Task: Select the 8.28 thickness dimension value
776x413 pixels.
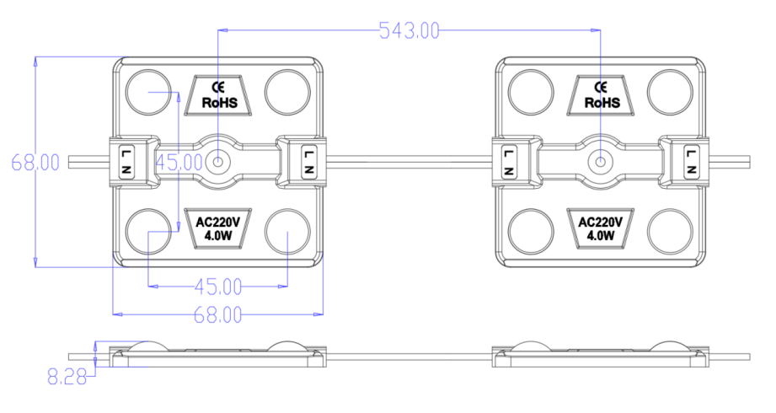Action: click(x=68, y=378)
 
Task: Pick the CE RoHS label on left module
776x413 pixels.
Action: click(x=218, y=95)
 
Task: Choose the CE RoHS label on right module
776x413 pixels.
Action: click(x=600, y=95)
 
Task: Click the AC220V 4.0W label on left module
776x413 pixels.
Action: click(x=218, y=228)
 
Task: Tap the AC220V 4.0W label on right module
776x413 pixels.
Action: click(x=600, y=228)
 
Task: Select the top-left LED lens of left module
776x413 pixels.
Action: click(x=149, y=89)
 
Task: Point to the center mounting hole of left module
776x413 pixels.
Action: click(x=218, y=161)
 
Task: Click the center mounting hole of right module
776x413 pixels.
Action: click(x=600, y=161)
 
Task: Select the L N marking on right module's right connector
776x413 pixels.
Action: click(x=692, y=161)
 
